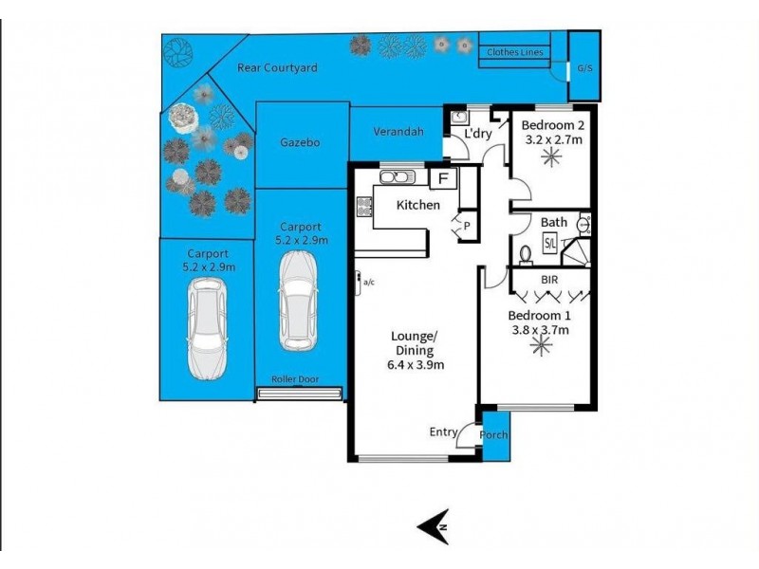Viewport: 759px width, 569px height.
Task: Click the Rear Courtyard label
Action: pyautogui.click(x=276, y=68)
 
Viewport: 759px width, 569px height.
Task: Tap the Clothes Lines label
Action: pyautogui.click(x=515, y=52)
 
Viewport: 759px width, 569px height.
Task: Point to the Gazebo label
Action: pyautogui.click(x=299, y=142)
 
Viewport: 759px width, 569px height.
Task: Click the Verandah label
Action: pyautogui.click(x=398, y=133)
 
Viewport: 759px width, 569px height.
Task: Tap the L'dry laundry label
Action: pyautogui.click(x=477, y=134)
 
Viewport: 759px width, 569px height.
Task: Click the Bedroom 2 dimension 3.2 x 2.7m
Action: pyautogui.click(x=553, y=140)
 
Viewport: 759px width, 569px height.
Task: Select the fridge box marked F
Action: pyautogui.click(x=443, y=177)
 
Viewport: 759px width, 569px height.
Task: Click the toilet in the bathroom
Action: pyautogui.click(x=525, y=254)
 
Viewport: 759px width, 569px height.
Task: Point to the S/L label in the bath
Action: pyautogui.click(x=550, y=243)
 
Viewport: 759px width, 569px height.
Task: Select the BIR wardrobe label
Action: pyautogui.click(x=548, y=282)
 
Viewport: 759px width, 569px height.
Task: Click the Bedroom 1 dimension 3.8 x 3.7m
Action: pyautogui.click(x=538, y=330)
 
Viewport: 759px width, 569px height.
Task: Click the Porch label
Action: pyautogui.click(x=494, y=435)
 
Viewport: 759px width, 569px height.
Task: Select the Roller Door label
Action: pyautogui.click(x=294, y=379)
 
